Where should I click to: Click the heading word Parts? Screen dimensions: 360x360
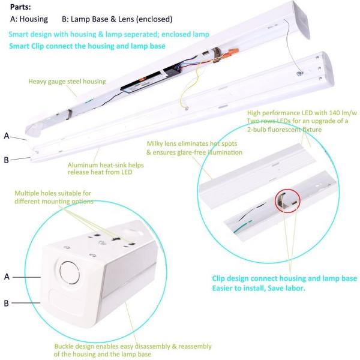coord(22,7)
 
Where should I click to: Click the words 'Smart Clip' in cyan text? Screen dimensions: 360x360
coord(29,46)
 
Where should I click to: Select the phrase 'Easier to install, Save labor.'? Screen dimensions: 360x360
coord(260,287)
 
